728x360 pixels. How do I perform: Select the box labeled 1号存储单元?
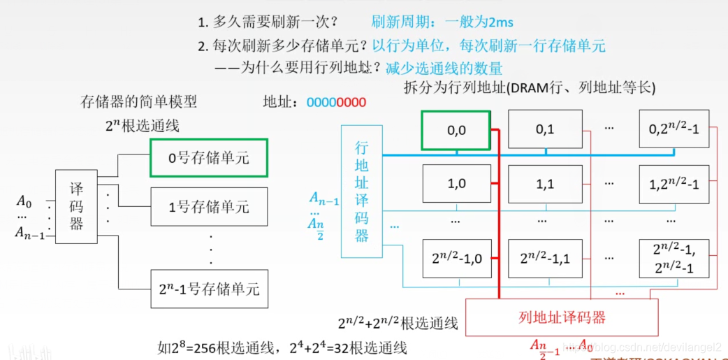(x=208, y=207)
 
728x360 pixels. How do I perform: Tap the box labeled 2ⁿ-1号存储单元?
(x=208, y=288)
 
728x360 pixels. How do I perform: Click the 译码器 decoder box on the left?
(x=76, y=207)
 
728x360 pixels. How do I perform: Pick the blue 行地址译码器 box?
(x=361, y=191)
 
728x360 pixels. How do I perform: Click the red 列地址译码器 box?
(x=562, y=317)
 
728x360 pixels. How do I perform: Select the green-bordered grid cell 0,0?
(x=456, y=130)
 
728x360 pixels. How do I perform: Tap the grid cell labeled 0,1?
(x=544, y=129)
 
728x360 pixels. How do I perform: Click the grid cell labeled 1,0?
(x=456, y=184)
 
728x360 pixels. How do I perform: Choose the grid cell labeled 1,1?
(x=544, y=184)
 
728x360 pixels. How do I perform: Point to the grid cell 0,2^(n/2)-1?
(x=674, y=129)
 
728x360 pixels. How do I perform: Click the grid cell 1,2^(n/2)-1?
(x=674, y=184)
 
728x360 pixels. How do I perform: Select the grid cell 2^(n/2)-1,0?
(x=456, y=259)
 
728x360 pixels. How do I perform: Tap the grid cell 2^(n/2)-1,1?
(x=544, y=259)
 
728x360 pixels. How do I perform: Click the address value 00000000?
(x=336, y=102)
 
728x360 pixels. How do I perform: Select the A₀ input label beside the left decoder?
(x=24, y=203)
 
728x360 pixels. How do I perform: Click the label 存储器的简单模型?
(x=139, y=102)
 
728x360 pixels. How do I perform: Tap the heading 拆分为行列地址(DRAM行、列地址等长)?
(x=530, y=88)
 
